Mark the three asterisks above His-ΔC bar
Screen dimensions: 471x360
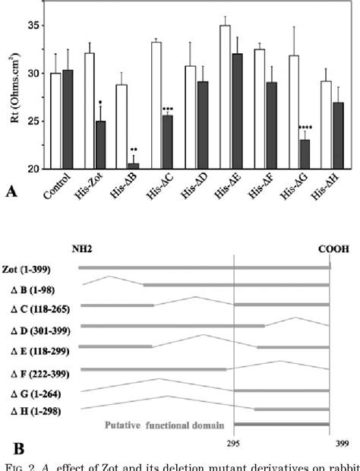tap(167, 109)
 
